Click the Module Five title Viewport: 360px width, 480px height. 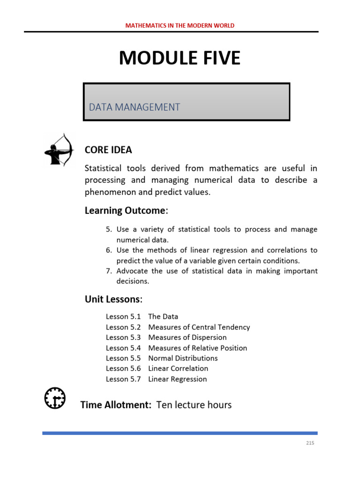(x=180, y=58)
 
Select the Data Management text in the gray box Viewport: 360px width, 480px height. (x=135, y=107)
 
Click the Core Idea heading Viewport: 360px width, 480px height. (x=108, y=150)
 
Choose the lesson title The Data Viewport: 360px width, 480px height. (x=163, y=316)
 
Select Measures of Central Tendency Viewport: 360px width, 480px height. (x=199, y=327)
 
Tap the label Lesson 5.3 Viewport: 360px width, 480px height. (x=123, y=337)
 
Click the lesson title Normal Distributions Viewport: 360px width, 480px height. (x=183, y=358)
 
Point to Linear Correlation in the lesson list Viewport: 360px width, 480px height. (x=178, y=368)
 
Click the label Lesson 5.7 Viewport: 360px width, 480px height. (x=123, y=379)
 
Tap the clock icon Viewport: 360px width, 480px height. (x=55, y=398)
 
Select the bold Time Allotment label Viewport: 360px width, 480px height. (x=116, y=405)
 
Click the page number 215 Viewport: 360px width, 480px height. (x=309, y=443)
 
